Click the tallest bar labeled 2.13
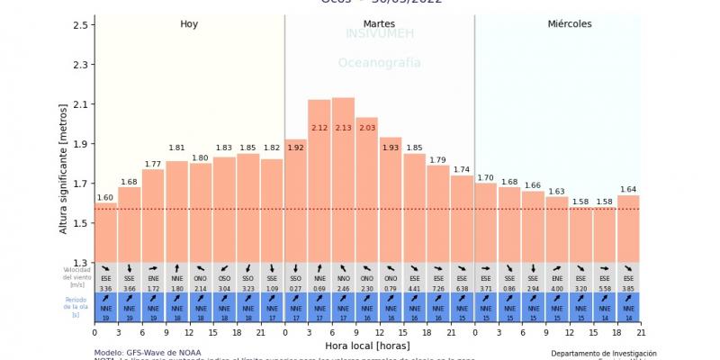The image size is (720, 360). coord(343,180)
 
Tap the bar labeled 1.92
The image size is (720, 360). coord(295,202)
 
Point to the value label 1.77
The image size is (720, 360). coord(153,164)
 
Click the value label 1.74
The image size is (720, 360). coord(462,169)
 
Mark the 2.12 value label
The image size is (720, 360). coord(319,128)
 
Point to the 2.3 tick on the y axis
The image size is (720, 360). coord(81,65)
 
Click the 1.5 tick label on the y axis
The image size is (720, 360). coord(81,223)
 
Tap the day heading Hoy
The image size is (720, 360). coord(189,23)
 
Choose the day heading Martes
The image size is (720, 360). coord(379,23)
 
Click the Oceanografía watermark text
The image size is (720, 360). coord(379,63)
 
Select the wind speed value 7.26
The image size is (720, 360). coord(438,288)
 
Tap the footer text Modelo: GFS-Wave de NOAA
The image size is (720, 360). coord(148,352)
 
